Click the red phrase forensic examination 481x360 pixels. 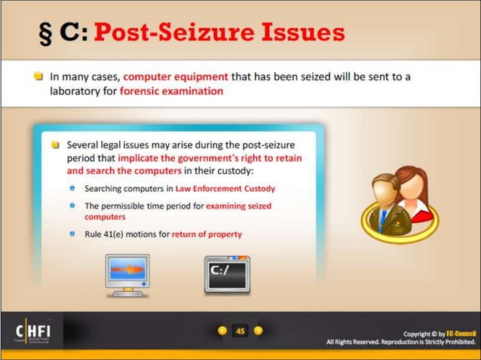172,90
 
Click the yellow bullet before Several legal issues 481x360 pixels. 55,144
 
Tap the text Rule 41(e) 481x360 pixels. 106,234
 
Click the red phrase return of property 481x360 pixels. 207,234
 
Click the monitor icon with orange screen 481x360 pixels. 127,274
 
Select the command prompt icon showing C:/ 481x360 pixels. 227,274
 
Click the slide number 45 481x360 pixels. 240,331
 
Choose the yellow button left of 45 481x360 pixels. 222,331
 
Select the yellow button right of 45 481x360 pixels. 258,331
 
